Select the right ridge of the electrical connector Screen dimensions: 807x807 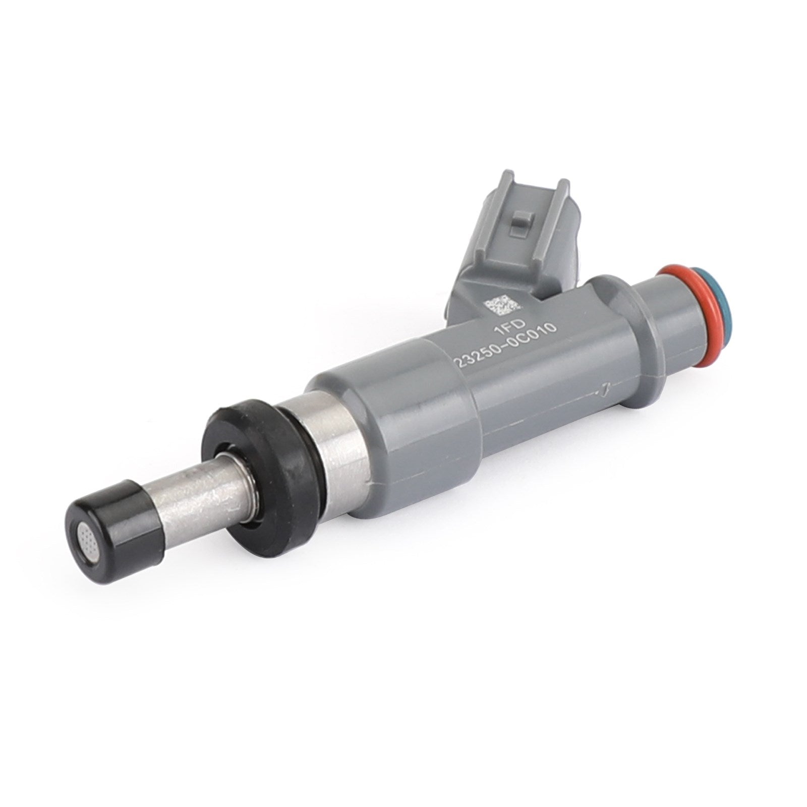point(555,212)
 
